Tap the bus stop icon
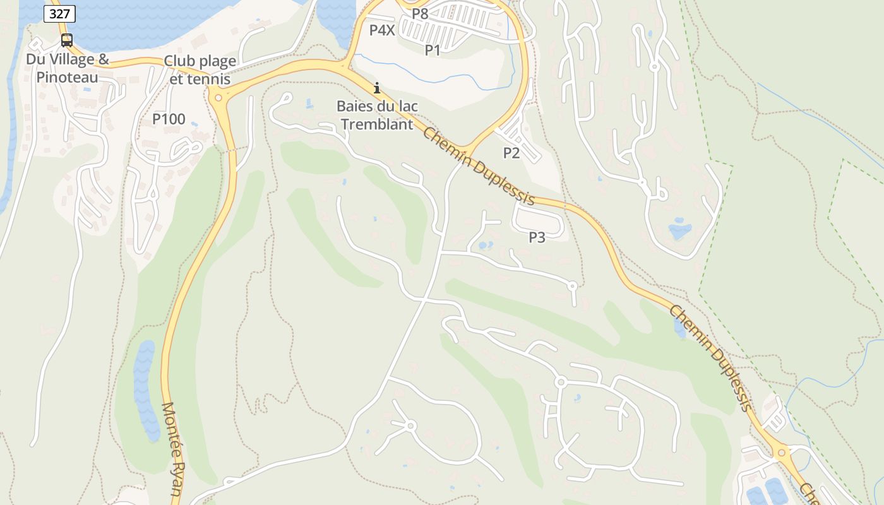tap(66, 40)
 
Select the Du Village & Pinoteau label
tap(67, 69)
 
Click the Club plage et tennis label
tap(200, 70)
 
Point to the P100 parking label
tap(169, 119)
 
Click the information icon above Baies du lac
tap(377, 88)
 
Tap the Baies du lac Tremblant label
tap(377, 115)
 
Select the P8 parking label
tap(420, 13)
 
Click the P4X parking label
tap(382, 30)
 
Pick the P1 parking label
tap(433, 50)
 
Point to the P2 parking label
tap(511, 152)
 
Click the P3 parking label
tap(537, 237)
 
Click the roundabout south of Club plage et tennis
tap(218, 97)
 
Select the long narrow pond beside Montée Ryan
tap(146, 391)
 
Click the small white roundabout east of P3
tap(572, 286)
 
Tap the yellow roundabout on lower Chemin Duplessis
tap(782, 452)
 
